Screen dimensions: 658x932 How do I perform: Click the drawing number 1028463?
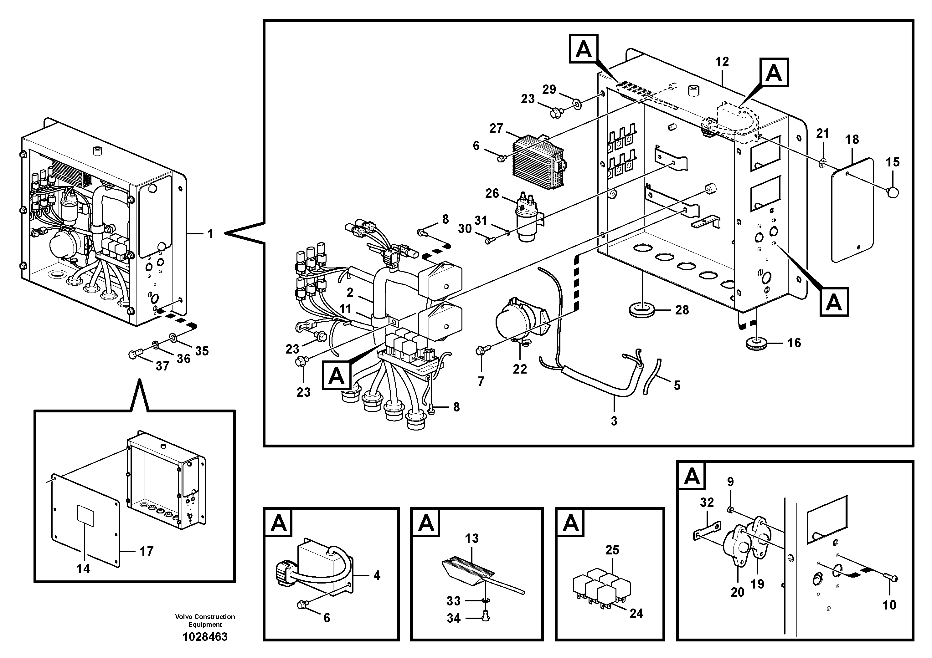click(205, 637)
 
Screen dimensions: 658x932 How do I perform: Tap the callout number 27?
click(496, 128)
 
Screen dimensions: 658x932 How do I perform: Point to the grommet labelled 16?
click(754, 344)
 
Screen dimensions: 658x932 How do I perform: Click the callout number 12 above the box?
click(722, 62)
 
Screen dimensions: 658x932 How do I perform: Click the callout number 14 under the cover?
click(83, 569)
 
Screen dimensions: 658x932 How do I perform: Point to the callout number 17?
click(147, 551)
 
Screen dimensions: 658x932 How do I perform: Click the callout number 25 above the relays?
click(612, 550)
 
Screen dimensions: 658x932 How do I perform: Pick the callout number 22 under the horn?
click(520, 369)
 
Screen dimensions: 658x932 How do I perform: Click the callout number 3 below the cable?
click(614, 421)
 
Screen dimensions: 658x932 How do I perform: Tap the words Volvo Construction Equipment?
click(205, 620)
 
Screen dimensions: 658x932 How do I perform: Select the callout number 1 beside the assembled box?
click(210, 234)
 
